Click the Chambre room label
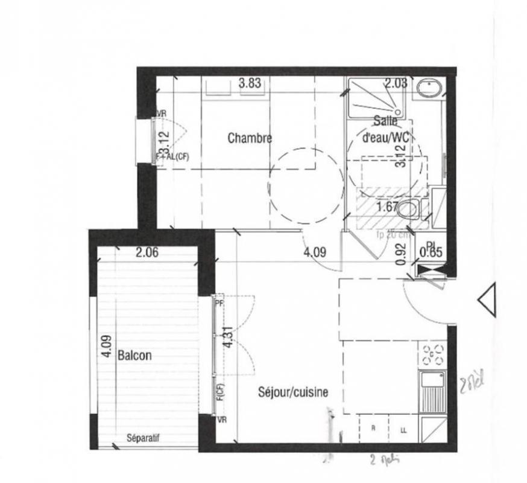250,138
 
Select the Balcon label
134,356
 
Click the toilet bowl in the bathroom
409,209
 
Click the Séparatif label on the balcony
144,439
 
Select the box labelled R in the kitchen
374,429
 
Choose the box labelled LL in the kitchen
403,429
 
